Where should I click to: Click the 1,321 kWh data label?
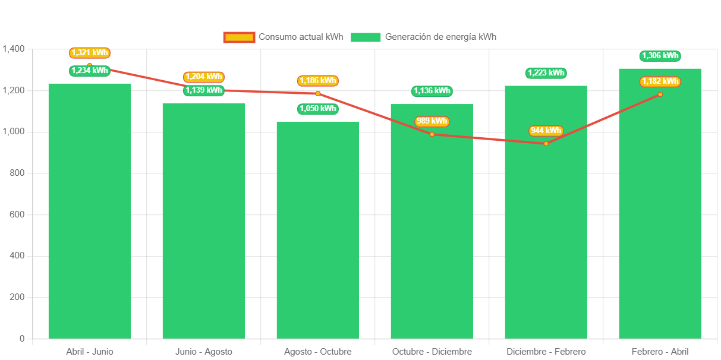pyautogui.click(x=90, y=53)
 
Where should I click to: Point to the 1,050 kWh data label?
pyautogui.click(x=318, y=109)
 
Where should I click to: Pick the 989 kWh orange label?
pyautogui.click(x=432, y=121)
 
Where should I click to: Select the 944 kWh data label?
pyautogui.click(x=546, y=131)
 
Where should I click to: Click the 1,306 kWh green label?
pyautogui.click(x=660, y=56)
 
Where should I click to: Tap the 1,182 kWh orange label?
pyautogui.click(x=660, y=81)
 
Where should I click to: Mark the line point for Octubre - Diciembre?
pyautogui.click(x=432, y=134)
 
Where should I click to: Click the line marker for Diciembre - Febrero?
pyautogui.click(x=546, y=143)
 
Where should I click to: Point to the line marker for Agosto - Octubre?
pyautogui.click(x=318, y=93)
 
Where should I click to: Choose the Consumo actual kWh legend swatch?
pyautogui.click(x=239, y=37)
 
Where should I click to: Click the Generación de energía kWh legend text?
pyautogui.click(x=440, y=37)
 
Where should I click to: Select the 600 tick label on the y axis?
pyautogui.click(x=17, y=214)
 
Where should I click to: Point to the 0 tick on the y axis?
pyautogui.click(x=22, y=338)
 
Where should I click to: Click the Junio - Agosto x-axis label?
pyautogui.click(x=204, y=352)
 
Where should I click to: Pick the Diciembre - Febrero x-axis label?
pyautogui.click(x=546, y=352)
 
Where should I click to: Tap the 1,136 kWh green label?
pyautogui.click(x=432, y=91)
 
